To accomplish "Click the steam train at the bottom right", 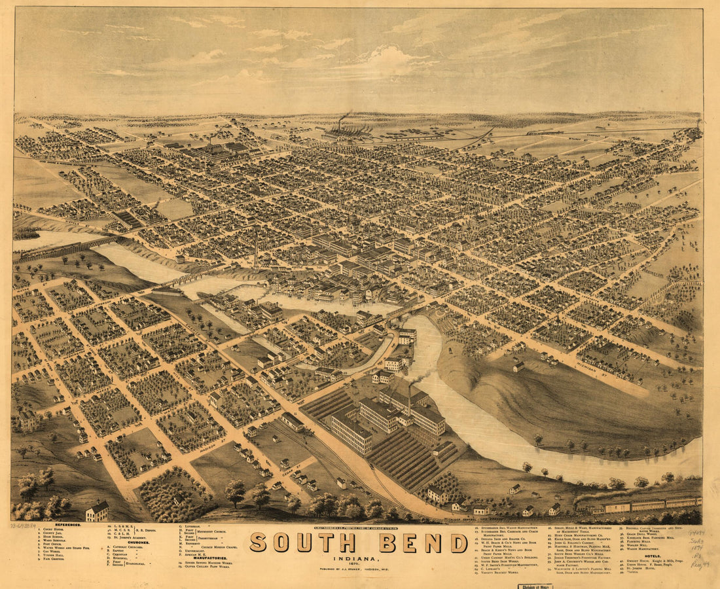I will point(638,503).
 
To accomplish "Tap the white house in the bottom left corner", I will point(97,510).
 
